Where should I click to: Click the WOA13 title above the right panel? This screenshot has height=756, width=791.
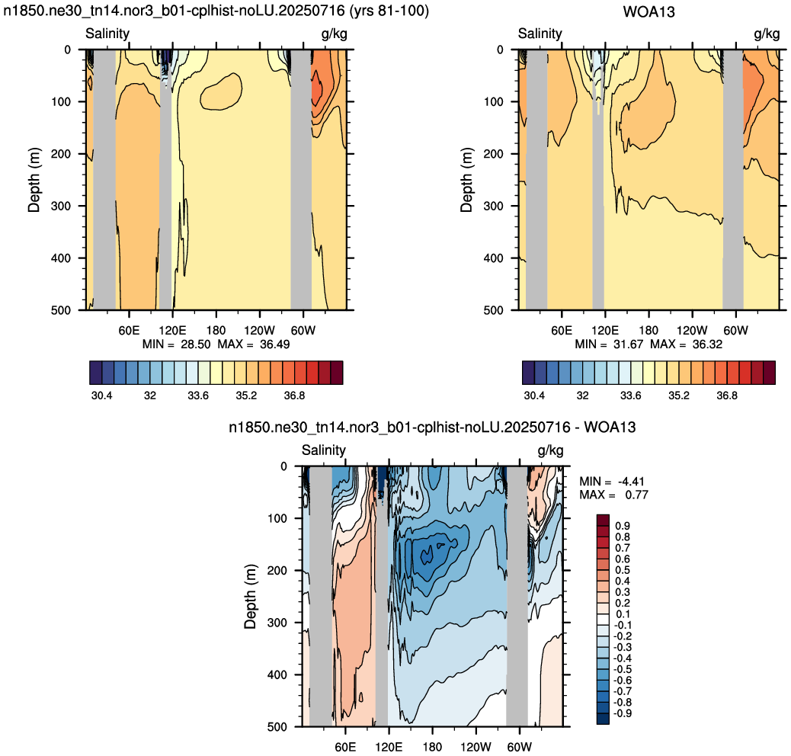(648, 11)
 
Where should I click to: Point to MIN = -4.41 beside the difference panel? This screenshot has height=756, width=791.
(611, 482)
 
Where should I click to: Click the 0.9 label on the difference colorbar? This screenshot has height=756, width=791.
(623, 526)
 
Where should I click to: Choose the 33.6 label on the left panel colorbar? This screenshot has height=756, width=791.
(198, 396)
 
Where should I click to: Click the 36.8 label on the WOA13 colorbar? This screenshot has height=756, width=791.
(727, 396)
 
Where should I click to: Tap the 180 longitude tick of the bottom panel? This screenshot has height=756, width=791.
(432, 747)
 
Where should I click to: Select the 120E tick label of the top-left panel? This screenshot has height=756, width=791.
(172, 330)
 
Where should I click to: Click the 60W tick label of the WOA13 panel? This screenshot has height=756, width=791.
(735, 330)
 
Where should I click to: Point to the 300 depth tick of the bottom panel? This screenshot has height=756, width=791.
(277, 623)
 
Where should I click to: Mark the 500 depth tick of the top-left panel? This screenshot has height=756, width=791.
(60, 310)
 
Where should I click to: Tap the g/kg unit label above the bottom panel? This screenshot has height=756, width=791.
(550, 450)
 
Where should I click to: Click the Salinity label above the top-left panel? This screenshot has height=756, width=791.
(107, 34)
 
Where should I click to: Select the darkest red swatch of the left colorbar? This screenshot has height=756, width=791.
(337, 373)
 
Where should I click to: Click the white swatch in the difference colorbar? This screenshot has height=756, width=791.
(603, 620)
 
